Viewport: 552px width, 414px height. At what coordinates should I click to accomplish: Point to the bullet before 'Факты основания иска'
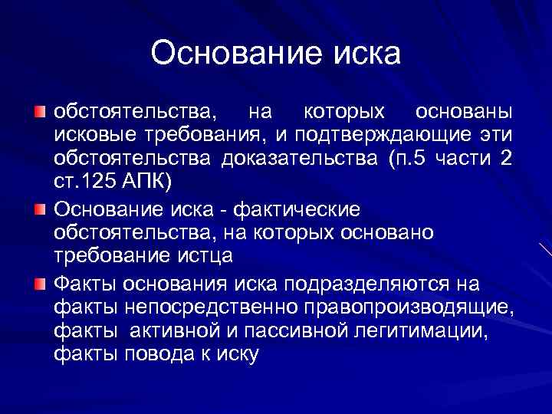tap(40, 285)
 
